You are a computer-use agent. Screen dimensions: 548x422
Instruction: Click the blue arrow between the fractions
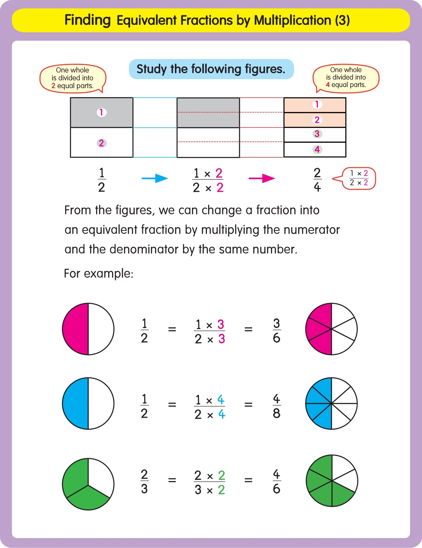(155, 178)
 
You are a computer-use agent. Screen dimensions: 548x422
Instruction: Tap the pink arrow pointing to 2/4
(262, 178)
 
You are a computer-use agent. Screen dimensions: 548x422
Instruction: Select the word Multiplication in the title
(292, 20)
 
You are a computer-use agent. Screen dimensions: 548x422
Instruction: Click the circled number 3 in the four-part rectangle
(317, 134)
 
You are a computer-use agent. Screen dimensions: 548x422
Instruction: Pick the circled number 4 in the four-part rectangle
(317, 149)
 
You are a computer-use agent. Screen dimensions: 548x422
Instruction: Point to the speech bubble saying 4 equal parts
(346, 78)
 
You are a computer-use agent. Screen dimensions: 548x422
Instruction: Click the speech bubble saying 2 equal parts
(73, 78)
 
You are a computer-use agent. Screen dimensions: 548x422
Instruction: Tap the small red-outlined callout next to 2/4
(359, 178)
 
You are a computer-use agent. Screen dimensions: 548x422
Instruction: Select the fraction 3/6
(277, 331)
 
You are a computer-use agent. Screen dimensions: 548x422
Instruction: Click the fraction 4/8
(277, 406)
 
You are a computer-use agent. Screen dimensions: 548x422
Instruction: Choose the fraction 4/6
(277, 481)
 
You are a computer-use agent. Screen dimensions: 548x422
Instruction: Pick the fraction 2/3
(144, 481)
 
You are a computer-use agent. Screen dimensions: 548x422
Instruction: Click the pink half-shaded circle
(88, 329)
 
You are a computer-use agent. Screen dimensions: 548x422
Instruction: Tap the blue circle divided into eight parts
(331, 404)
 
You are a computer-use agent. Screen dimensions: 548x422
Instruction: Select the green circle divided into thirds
(88, 484)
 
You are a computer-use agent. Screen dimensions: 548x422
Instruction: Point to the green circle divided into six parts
(332, 481)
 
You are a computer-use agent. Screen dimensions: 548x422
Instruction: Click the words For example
(99, 273)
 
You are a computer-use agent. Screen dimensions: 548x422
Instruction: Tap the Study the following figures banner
(211, 69)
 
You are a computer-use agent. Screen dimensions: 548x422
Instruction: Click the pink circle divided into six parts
(331, 329)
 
